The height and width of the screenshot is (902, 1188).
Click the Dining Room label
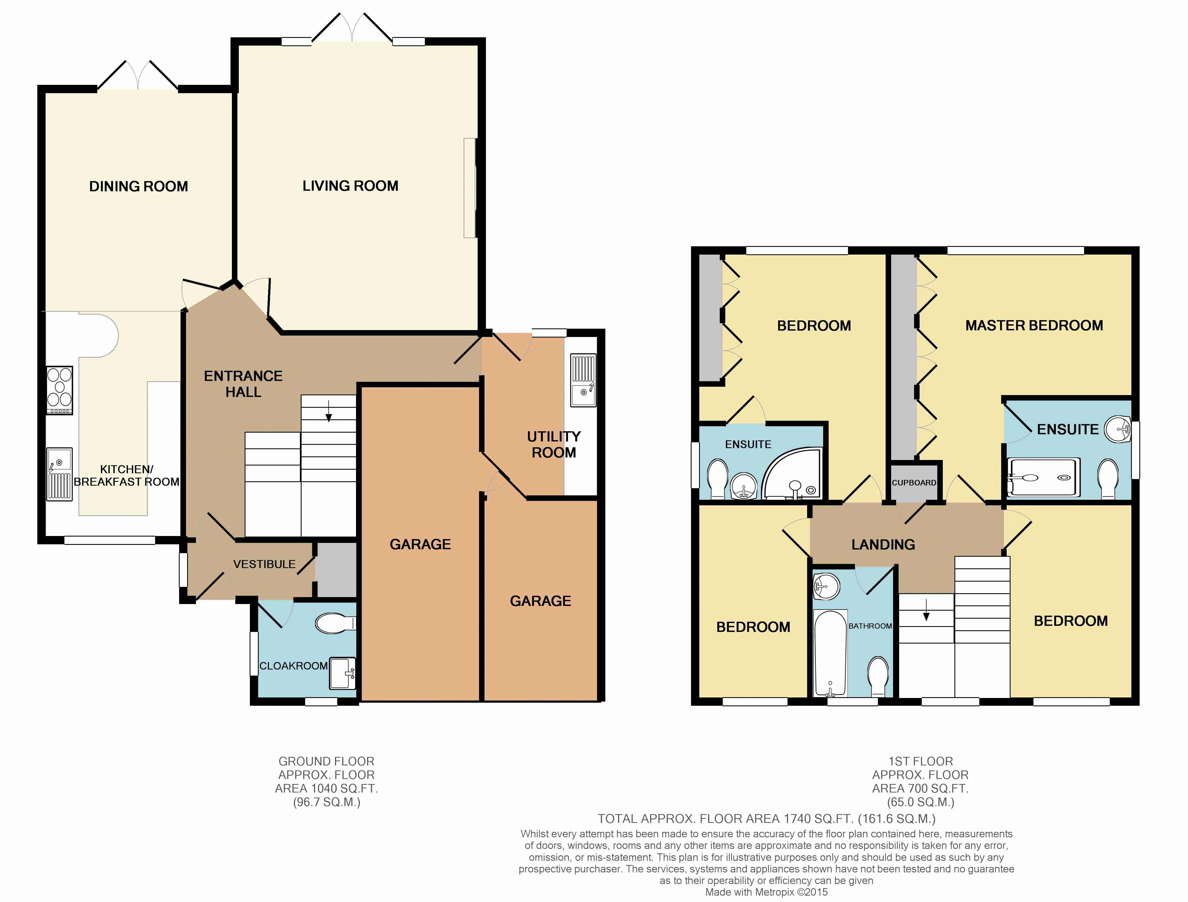(x=138, y=186)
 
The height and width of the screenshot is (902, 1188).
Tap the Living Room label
(x=350, y=186)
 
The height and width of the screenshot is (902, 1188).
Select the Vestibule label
(x=264, y=564)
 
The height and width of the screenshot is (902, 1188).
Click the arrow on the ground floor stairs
(x=329, y=412)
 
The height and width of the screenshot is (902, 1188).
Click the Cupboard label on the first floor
(x=914, y=482)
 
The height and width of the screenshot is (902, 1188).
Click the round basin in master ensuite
(x=1118, y=429)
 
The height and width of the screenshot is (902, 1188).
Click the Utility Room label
(x=554, y=444)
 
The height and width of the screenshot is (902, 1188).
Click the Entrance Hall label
(x=243, y=384)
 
